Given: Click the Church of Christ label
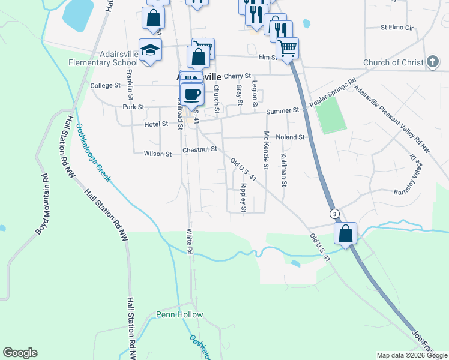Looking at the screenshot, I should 393,62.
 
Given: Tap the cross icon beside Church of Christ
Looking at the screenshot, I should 432,62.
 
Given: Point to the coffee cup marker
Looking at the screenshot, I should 192,94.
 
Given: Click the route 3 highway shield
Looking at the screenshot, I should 334,214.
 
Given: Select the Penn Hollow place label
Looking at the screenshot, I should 179,314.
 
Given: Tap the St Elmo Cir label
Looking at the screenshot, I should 397,28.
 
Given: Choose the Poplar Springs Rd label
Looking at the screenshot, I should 333,92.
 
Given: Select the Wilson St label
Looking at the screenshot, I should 158,154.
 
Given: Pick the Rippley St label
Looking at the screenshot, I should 243,197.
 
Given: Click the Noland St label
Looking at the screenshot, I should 291,137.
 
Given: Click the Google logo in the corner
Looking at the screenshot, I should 20,353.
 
